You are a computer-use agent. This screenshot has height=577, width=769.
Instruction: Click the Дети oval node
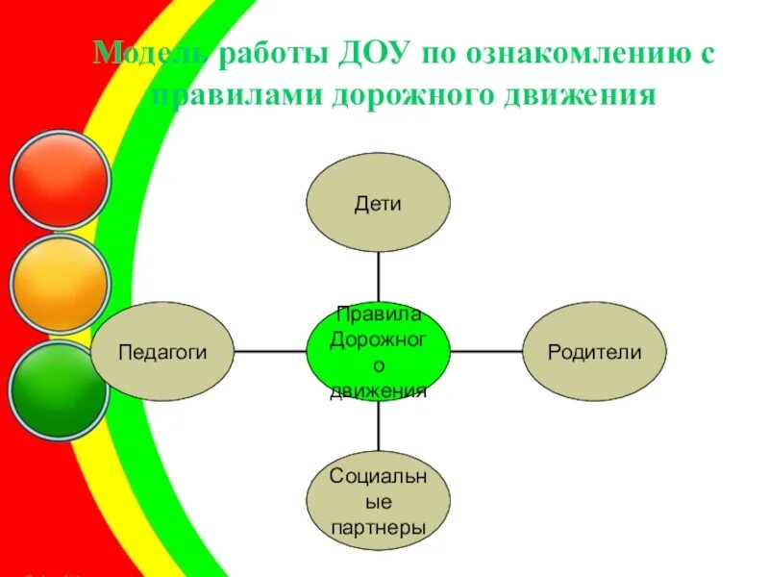click(x=378, y=204)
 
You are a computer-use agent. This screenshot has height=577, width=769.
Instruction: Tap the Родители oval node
click(x=594, y=352)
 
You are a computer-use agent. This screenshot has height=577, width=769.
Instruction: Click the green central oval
click(x=378, y=352)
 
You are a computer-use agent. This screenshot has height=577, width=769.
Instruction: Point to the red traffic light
click(x=60, y=179)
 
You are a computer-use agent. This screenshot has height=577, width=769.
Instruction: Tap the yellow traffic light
click(x=60, y=284)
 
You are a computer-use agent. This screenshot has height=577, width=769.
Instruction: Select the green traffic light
click(x=60, y=389)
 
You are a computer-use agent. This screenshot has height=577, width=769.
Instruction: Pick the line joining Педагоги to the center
click(x=270, y=352)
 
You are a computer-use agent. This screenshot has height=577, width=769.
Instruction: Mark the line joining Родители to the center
click(x=486, y=352)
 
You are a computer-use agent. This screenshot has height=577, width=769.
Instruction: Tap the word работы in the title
click(x=272, y=56)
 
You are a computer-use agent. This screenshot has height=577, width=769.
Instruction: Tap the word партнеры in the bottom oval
click(x=378, y=528)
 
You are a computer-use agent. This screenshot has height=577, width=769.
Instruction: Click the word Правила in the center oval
click(x=378, y=314)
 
